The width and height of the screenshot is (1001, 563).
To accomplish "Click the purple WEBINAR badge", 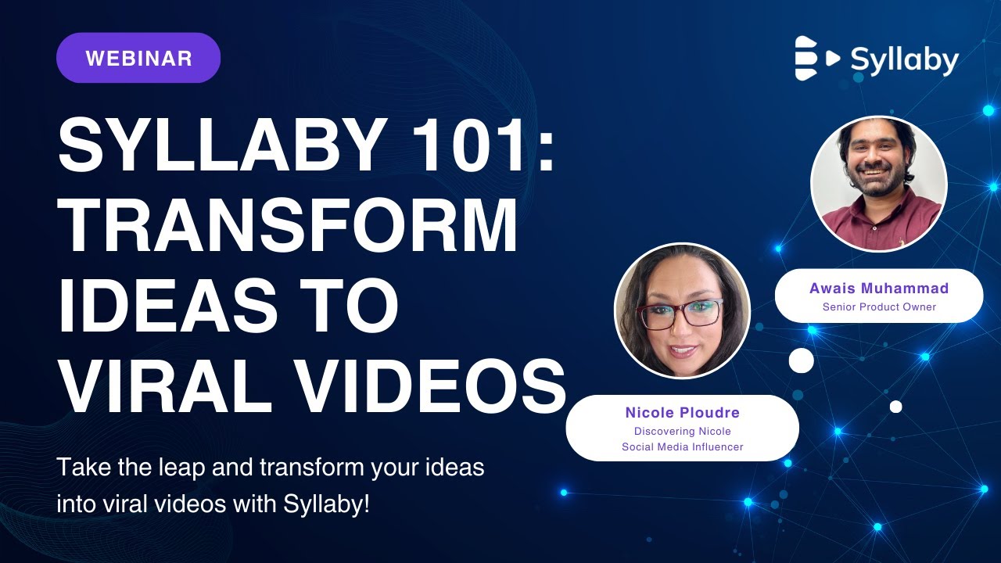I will tap(138, 58).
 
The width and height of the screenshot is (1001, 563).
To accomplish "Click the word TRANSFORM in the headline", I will tap(288, 227).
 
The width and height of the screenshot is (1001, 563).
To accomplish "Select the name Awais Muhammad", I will tap(879, 289).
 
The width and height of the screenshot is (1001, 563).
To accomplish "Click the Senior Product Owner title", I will tap(879, 307).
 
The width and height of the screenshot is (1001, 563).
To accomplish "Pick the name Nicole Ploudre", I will tap(682, 412).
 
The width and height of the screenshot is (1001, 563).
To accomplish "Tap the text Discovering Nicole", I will tap(682, 431).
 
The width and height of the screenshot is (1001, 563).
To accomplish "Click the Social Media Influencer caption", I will tap(682, 447).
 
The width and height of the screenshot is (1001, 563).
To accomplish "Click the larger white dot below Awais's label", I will tap(801, 360).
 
